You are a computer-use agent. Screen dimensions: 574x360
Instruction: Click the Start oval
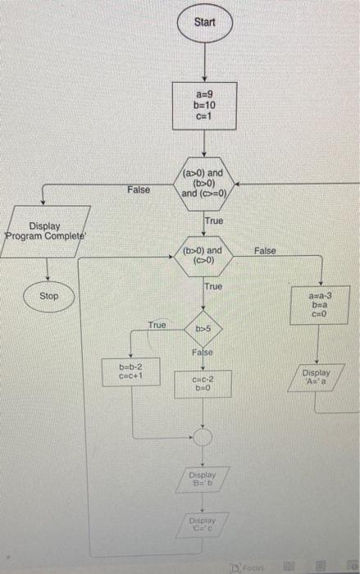204,22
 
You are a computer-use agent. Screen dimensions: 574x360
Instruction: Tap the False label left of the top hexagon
139,189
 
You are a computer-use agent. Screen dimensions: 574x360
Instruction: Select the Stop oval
49,295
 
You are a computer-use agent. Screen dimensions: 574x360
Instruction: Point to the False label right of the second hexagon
266,249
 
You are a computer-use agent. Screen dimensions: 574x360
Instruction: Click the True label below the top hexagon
213,221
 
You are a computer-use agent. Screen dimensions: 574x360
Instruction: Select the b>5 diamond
202,330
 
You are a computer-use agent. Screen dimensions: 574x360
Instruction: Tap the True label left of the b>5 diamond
157,325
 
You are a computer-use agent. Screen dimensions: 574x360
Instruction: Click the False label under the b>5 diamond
202,352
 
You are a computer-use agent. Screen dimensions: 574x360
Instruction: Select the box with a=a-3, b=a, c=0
319,304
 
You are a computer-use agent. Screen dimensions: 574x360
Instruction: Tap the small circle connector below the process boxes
202,437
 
